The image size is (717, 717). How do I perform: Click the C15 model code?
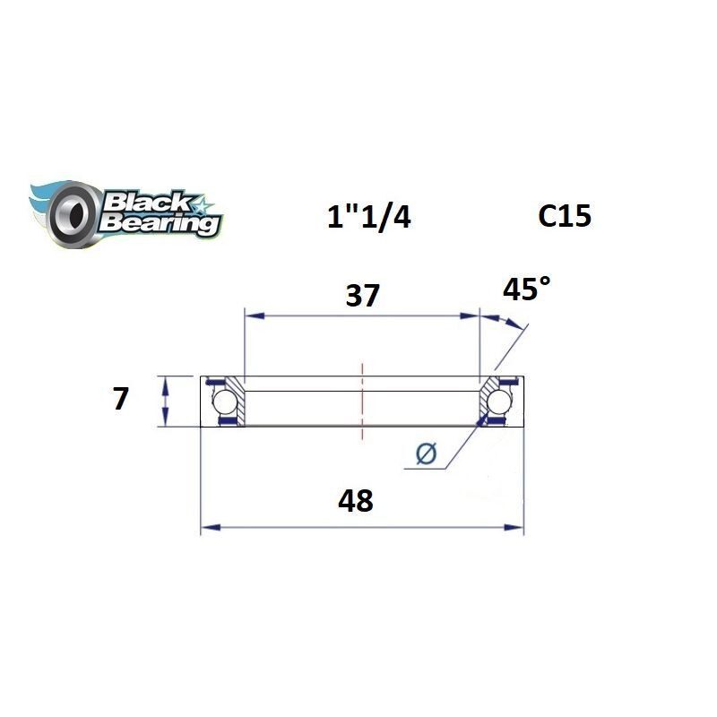[x=564, y=215]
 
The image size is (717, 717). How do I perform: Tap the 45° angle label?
[x=526, y=289]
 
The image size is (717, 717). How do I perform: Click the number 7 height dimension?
[x=119, y=398]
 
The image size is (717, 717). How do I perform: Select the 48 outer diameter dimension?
[x=357, y=499]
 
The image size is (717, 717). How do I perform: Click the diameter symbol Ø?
[x=427, y=454]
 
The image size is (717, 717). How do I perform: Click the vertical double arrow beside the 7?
[x=165, y=401]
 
